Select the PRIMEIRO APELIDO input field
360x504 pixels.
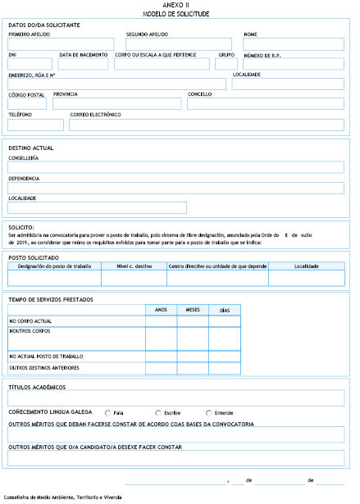[62, 44]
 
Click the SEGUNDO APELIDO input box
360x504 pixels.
[179, 44]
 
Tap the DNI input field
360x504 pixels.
[31, 64]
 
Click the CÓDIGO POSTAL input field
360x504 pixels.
[27, 103]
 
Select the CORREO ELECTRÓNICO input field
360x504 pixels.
[207, 125]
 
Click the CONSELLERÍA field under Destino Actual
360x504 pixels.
[175, 167]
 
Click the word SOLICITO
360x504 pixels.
[21, 226]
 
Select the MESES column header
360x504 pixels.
[193, 310]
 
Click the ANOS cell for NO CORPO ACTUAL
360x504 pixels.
[161, 321]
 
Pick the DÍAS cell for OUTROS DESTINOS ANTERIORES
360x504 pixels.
[225, 368]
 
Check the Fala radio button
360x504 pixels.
[108, 412]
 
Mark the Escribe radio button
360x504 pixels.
[158, 412]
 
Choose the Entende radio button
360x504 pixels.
[208, 412]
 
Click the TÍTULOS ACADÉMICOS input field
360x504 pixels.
[175, 397]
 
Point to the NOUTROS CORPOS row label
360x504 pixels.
[30, 330]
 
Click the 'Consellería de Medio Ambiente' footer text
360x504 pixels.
[62, 497]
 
